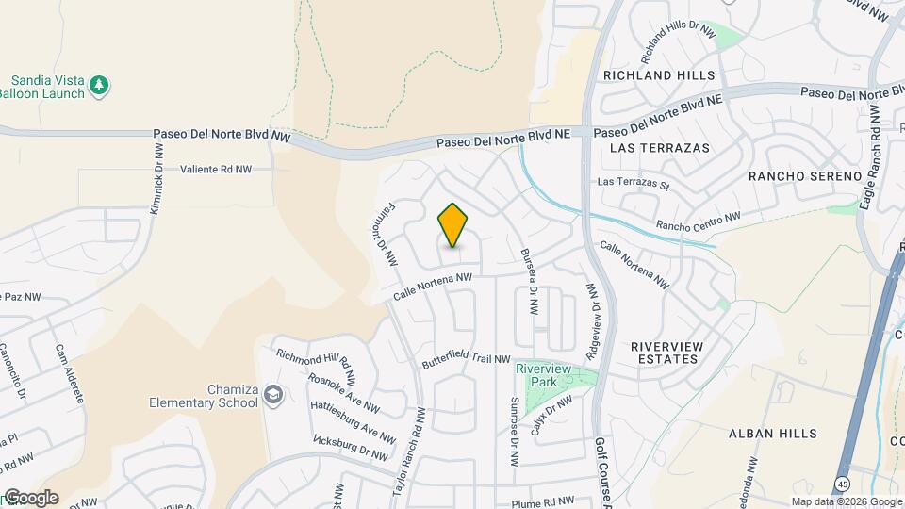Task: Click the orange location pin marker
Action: (x=453, y=225)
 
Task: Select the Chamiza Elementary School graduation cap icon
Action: (x=273, y=394)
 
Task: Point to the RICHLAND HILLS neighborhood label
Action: (x=659, y=74)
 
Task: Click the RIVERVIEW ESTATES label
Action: (x=666, y=353)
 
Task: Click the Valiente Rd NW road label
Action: (x=216, y=170)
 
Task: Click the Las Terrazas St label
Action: (x=633, y=183)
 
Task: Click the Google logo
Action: (x=30, y=498)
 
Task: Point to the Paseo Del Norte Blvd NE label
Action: (x=503, y=139)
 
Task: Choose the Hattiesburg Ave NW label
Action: (x=353, y=420)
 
